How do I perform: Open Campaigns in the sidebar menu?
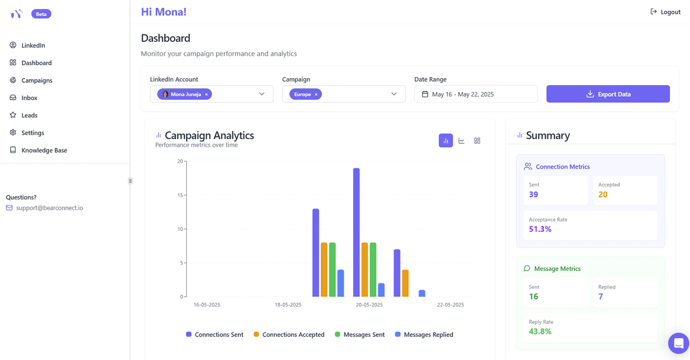pos(37,81)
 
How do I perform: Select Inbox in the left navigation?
pos(29,98)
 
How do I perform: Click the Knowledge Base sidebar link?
pos(44,150)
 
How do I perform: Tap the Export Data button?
pos(608,94)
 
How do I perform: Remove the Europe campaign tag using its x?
pos(316,94)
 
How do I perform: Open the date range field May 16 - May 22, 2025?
pos(476,94)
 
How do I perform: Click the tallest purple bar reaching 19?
pos(356,232)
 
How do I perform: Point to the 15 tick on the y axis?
pos(180,195)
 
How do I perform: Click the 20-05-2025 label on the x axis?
pos(369,305)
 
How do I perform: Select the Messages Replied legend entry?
pos(428,335)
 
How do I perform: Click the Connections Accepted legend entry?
pos(293,335)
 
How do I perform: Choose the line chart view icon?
pos(461,141)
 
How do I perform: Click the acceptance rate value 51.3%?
pos(540,229)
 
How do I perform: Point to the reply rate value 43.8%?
pos(540,331)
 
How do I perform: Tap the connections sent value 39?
pos(534,194)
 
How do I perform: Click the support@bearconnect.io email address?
pos(49,208)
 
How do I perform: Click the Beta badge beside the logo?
pos(41,14)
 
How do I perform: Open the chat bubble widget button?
pos(678,343)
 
